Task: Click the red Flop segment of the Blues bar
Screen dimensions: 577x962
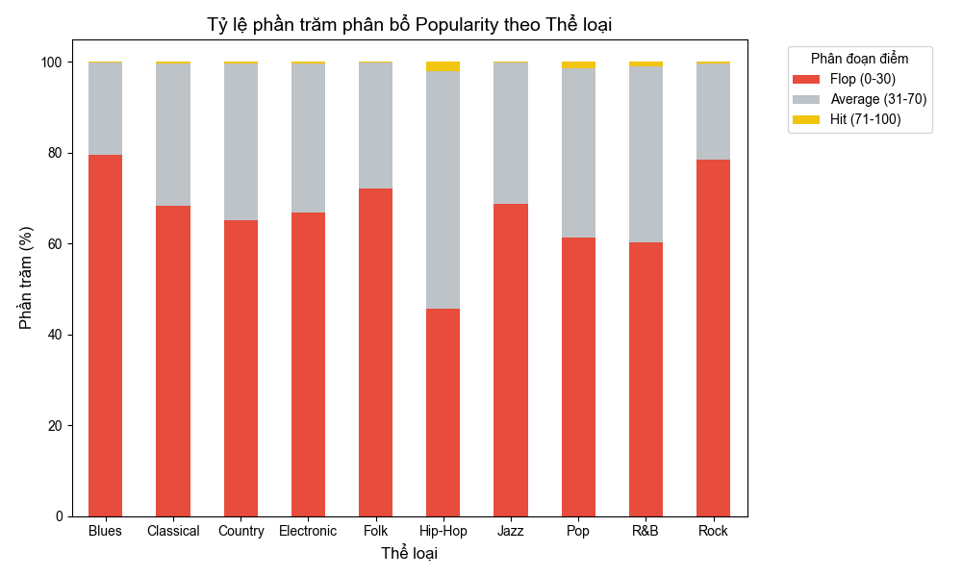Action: pos(105,336)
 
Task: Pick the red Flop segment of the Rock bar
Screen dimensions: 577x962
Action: pos(713,338)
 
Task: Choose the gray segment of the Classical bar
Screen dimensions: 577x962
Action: pos(173,135)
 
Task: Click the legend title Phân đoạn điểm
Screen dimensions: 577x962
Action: pos(859,59)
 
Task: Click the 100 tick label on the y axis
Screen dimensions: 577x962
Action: pos(51,63)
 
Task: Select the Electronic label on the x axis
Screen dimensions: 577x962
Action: pos(308,531)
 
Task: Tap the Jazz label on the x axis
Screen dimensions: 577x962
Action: pos(510,531)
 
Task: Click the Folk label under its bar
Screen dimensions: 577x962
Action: pos(375,531)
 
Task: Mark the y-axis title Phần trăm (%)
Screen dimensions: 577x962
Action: pos(26,279)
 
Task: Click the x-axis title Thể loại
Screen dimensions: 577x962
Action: pos(409,554)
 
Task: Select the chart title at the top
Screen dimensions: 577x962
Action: pos(409,25)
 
